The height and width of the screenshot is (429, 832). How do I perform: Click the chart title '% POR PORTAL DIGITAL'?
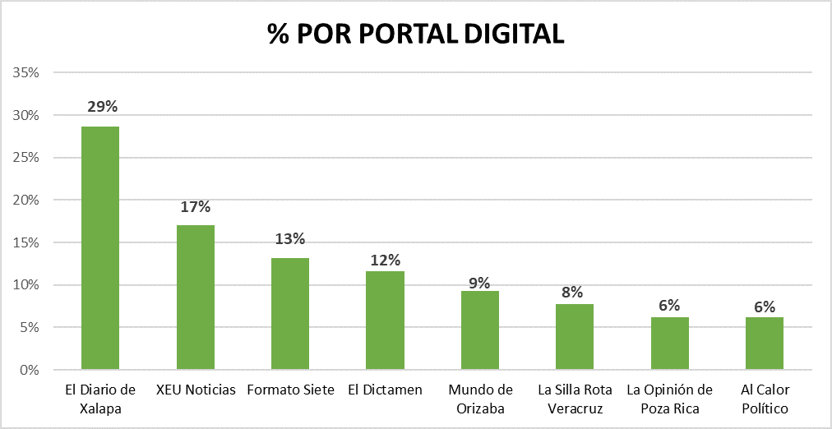click(416, 33)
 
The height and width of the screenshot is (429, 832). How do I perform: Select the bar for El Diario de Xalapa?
click(100, 248)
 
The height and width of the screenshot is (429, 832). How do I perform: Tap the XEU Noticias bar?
click(196, 298)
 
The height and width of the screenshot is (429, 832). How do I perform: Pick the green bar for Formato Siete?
click(290, 314)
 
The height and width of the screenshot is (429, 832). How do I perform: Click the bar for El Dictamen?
click(386, 321)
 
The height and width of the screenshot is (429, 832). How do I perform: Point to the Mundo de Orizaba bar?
click(480, 330)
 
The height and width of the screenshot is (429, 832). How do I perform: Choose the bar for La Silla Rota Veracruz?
click(575, 337)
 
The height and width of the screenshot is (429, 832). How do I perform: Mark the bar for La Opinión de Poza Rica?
click(670, 344)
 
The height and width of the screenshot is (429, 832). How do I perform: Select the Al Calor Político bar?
click(765, 344)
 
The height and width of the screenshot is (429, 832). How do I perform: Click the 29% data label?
click(101, 107)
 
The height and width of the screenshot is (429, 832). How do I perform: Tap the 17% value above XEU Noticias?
click(196, 206)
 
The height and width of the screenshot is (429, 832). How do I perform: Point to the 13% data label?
click(290, 239)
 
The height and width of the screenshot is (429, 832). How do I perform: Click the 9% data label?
click(480, 272)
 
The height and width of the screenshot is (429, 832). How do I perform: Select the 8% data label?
click(574, 292)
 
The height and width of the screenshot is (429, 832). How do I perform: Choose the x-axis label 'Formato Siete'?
click(290, 390)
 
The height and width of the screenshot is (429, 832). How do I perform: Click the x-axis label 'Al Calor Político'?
click(765, 399)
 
